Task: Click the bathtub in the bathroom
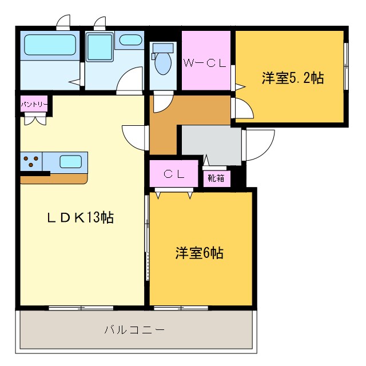tap(49, 45)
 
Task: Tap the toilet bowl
tap(164, 63)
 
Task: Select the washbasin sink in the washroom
tap(131, 41)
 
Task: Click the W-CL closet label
tap(205, 63)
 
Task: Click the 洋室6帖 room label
tap(199, 252)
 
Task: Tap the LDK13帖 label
tap(80, 218)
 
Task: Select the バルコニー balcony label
tap(134, 330)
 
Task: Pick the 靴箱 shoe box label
tap(216, 178)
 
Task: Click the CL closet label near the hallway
tap(174, 175)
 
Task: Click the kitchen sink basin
tap(70, 161)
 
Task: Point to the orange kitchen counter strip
tap(54, 178)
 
